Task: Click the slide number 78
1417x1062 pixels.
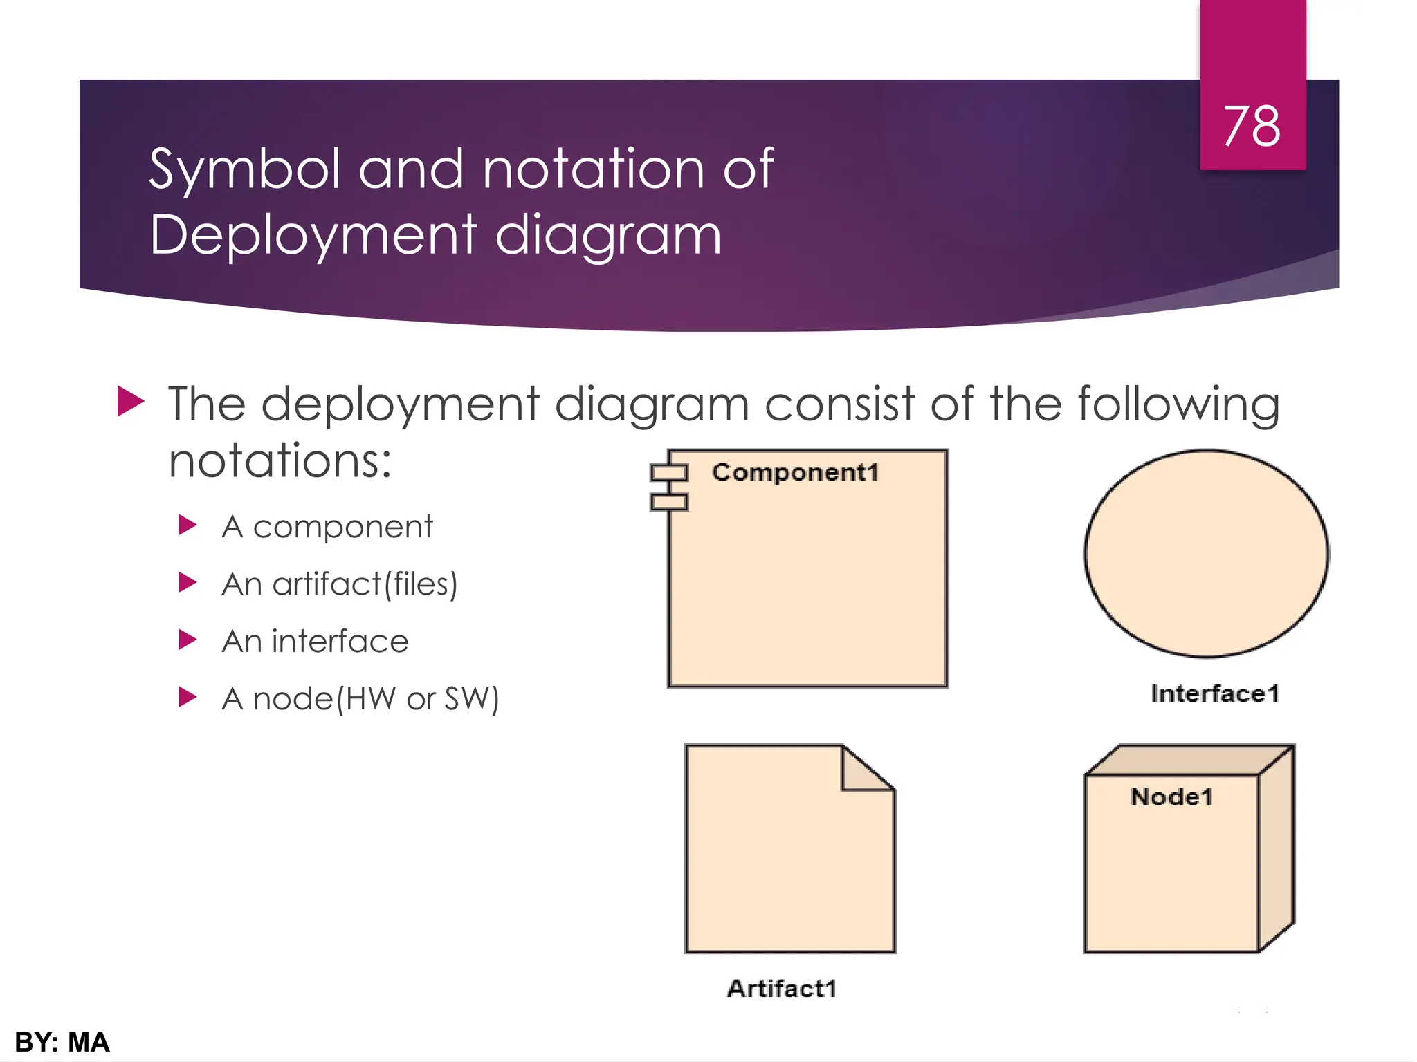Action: [1252, 127]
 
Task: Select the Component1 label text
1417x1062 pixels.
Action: [795, 473]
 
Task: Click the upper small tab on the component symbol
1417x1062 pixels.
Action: [668, 473]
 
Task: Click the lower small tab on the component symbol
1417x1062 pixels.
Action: [668, 502]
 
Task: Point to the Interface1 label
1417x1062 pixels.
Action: [1215, 693]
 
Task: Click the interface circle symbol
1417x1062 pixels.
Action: [1206, 553]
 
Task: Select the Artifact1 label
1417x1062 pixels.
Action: [782, 989]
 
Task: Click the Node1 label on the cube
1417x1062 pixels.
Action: [1171, 797]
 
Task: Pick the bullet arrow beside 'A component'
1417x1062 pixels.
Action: [188, 525]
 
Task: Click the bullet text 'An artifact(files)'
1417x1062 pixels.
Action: [340, 584]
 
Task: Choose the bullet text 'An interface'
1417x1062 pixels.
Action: [315, 642]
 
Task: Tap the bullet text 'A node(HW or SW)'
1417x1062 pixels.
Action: [360, 699]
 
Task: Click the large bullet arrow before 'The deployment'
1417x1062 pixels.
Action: [131, 402]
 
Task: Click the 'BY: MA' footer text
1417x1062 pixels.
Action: [62, 1042]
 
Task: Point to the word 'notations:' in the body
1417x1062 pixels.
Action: [280, 461]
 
